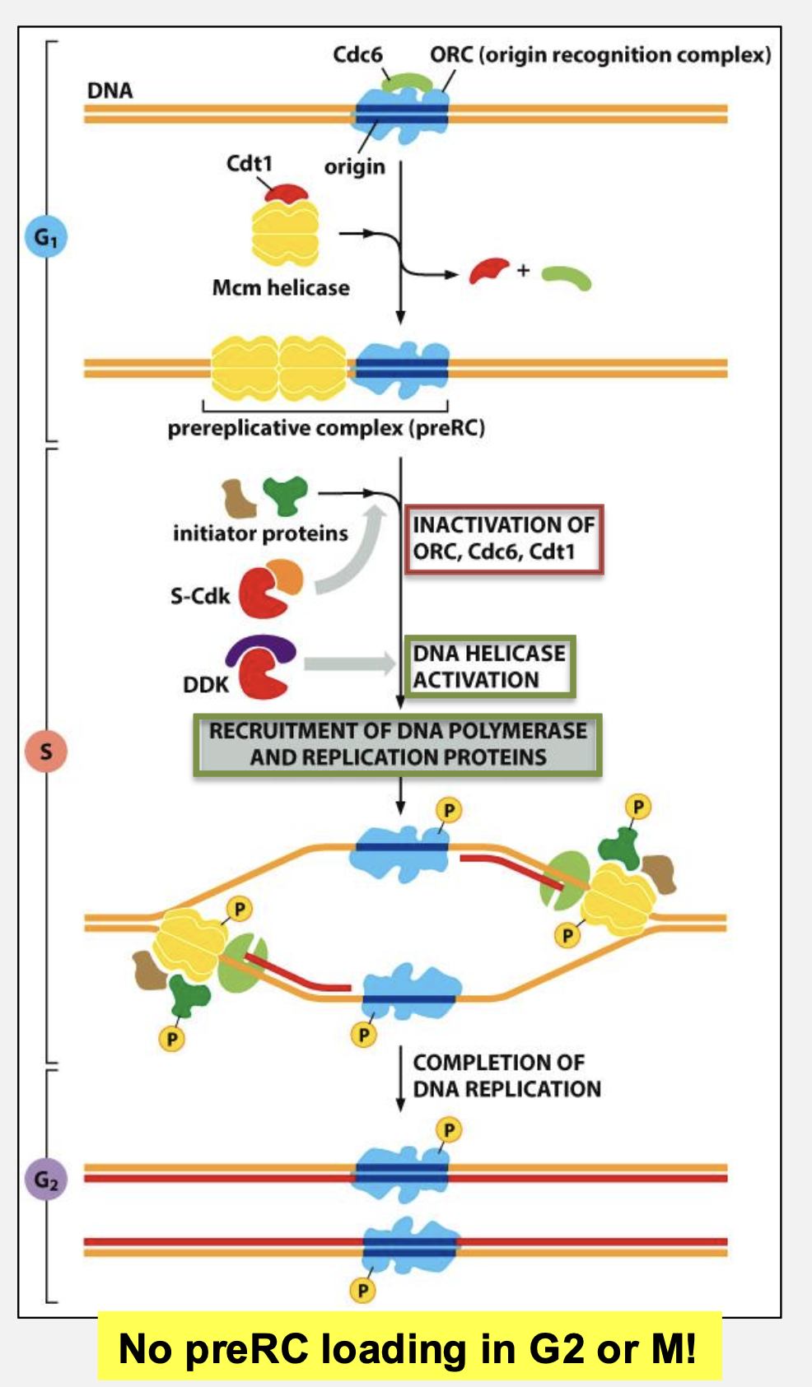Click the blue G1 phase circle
coord(45,237)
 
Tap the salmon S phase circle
coord(45,751)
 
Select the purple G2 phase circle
coord(45,1180)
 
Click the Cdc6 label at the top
coord(357,55)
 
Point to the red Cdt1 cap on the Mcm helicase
coord(286,193)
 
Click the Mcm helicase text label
coord(281,288)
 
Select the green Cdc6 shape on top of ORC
coord(406,82)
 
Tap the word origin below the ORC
coord(354,167)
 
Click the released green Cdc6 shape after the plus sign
coord(567,278)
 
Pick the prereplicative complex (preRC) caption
coord(326,429)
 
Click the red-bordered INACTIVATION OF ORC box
coord(503,538)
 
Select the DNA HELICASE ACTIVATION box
coord(489,667)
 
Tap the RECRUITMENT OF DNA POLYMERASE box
coord(398,744)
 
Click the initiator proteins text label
coord(260,533)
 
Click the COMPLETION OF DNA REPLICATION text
coord(506,1076)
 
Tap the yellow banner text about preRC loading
coord(408,1348)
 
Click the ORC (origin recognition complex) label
coord(600,55)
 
